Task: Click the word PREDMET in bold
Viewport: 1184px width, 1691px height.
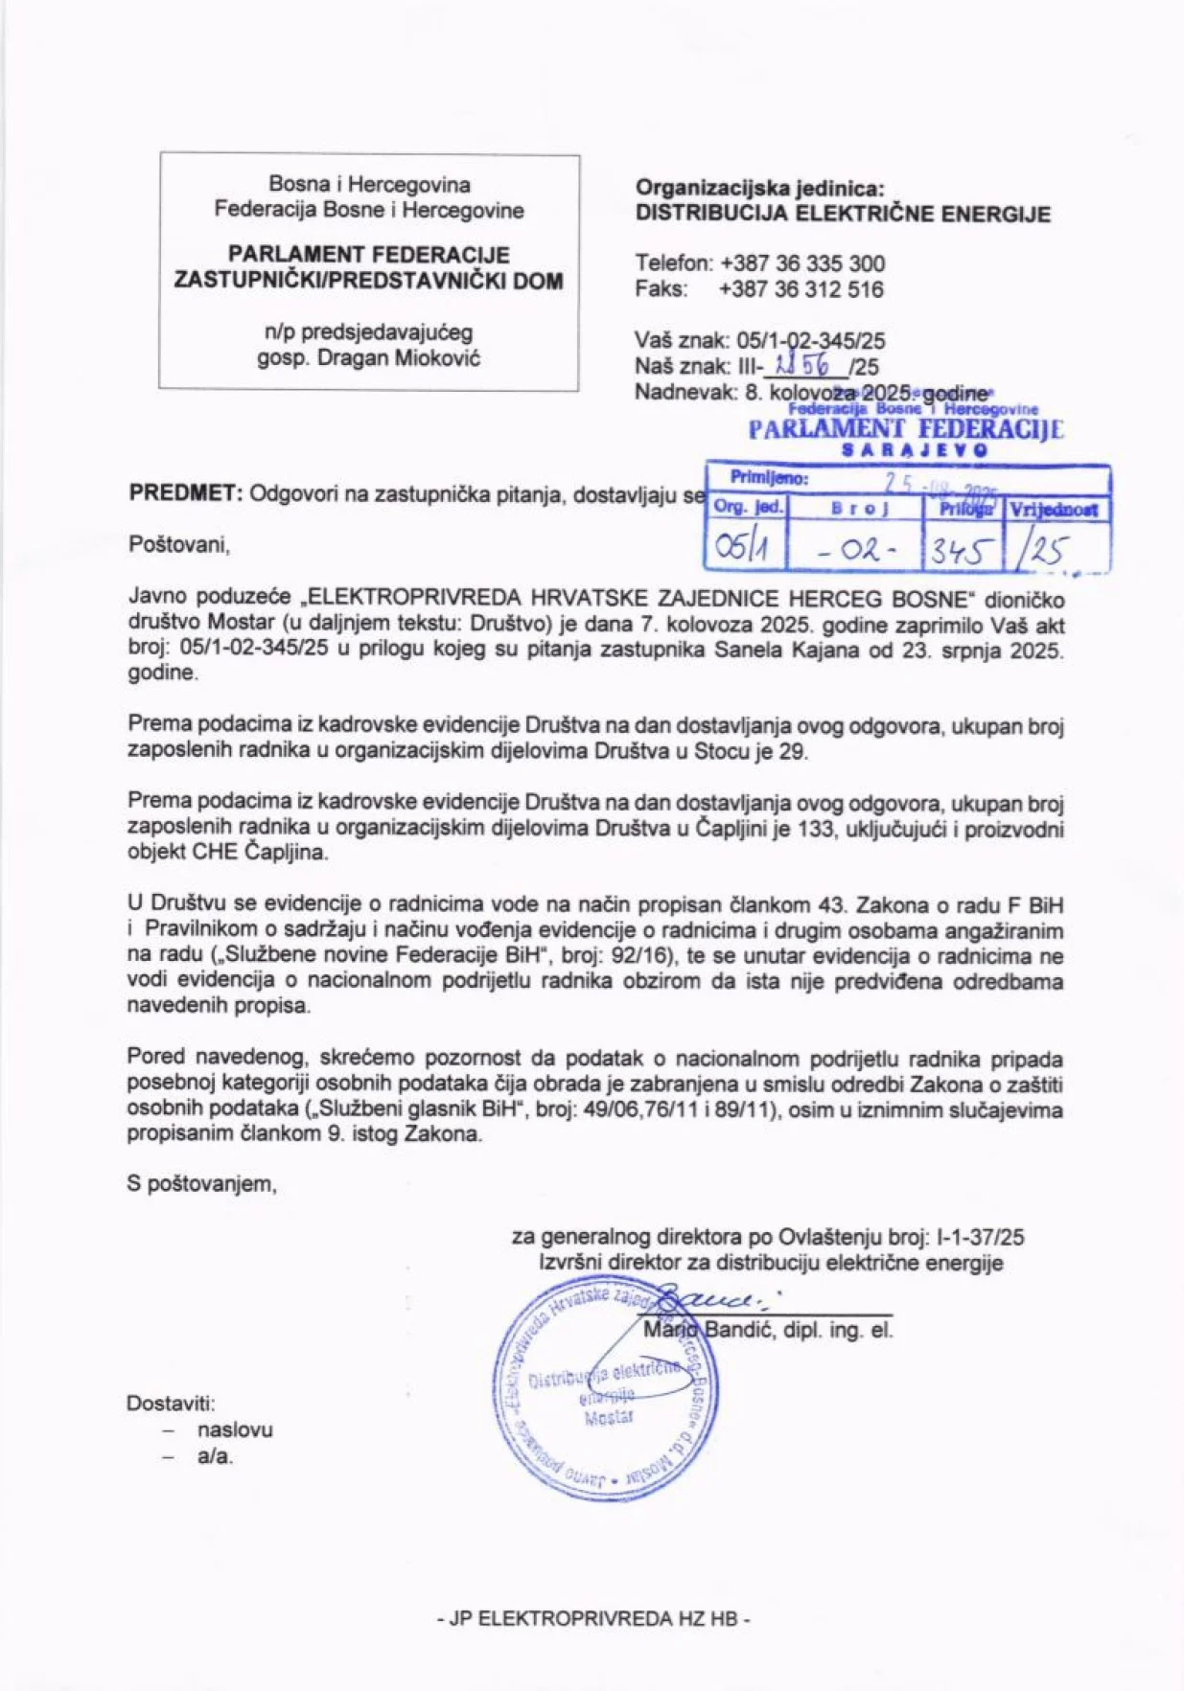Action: [x=186, y=494]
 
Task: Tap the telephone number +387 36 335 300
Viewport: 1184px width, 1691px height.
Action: [x=802, y=263]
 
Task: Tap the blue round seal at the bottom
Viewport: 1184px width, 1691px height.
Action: [x=606, y=1387]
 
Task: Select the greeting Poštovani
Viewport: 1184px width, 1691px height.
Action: [x=179, y=545]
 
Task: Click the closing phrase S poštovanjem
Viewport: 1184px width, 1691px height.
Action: [x=202, y=1184]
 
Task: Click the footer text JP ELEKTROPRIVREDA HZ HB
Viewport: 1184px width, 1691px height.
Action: [x=592, y=1619]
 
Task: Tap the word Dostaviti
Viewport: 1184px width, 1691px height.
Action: [x=171, y=1404]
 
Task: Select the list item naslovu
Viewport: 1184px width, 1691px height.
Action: [x=235, y=1429]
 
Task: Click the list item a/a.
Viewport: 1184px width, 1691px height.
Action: [x=215, y=1457]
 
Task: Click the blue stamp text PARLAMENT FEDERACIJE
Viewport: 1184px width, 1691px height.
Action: [x=905, y=428]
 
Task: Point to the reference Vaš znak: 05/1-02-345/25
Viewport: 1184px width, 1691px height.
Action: [x=759, y=340]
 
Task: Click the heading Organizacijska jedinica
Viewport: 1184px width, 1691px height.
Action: [x=760, y=188]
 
